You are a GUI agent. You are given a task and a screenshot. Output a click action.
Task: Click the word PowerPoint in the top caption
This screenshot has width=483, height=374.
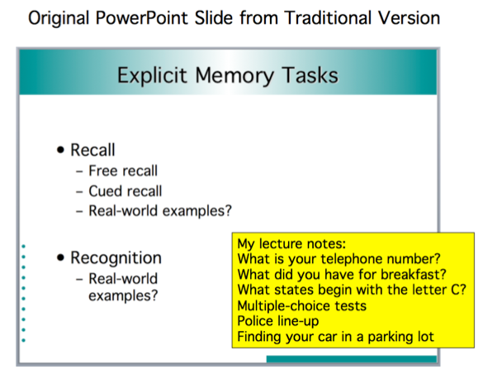coord(141,18)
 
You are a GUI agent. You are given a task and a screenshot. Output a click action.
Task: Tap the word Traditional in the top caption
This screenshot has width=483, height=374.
coord(328,17)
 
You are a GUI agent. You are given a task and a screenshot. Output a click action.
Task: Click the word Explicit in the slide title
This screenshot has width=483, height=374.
coord(152,76)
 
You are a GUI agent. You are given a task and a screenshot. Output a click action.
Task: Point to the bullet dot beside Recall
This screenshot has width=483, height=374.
coord(60,150)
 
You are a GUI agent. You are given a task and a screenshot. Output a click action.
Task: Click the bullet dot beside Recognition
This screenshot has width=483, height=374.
coord(60,257)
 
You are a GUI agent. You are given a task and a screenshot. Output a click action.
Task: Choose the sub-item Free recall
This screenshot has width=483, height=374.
coord(123,170)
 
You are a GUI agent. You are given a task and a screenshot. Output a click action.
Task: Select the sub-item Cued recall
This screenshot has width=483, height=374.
coord(125,191)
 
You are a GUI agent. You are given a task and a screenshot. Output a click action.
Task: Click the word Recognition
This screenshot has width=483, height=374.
coord(116,258)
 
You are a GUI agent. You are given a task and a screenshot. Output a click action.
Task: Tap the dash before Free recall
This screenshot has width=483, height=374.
coord(79,172)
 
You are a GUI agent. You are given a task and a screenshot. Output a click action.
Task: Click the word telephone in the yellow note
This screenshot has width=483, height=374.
coord(351,259)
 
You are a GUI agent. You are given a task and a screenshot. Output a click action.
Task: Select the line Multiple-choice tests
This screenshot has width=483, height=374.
coord(302,306)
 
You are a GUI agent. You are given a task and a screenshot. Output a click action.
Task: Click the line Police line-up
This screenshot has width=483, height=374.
coord(278,321)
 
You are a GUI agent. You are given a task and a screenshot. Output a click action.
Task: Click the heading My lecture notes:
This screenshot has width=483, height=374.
coord(291,244)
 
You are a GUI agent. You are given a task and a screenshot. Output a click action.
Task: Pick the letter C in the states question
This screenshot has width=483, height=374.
coord(458,290)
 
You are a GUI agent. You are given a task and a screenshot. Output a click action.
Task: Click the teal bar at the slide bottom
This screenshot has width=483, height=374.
coord(352,359)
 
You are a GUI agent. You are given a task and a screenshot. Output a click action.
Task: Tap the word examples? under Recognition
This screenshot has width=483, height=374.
coord(123,295)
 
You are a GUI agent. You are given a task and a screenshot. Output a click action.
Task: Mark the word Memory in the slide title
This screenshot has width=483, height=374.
coord(234,76)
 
